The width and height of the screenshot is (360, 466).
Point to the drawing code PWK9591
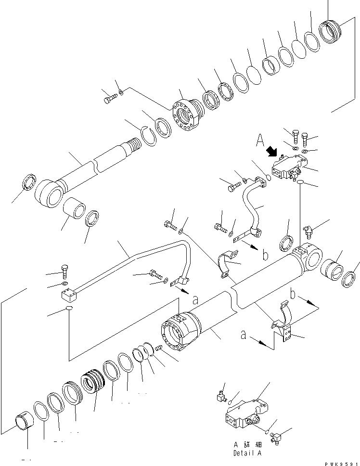(342, 462)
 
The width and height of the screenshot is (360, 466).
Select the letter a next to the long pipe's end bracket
(195, 299)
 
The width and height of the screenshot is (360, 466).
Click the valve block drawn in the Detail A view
(244, 411)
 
